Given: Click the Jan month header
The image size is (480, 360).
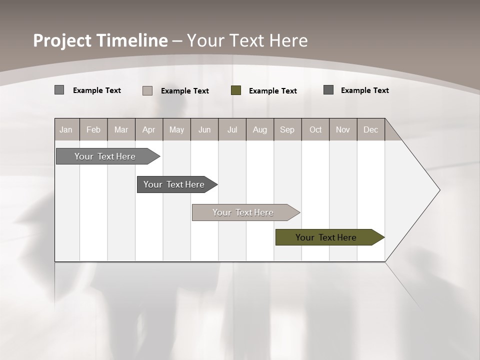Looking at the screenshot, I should [x=66, y=129].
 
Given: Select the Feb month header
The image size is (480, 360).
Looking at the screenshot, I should [x=93, y=129].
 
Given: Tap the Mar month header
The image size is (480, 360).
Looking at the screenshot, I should [x=121, y=129].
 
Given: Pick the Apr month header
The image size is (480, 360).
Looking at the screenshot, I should [x=149, y=129].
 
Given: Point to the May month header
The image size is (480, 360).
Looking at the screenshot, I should [x=176, y=129].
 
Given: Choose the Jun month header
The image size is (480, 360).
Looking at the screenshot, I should [x=204, y=129].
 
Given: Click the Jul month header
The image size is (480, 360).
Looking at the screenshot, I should [x=232, y=129].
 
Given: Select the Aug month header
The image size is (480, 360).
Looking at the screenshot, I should [x=260, y=129].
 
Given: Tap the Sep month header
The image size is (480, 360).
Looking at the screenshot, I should [x=287, y=129].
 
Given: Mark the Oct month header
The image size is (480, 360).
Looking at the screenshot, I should [x=315, y=129].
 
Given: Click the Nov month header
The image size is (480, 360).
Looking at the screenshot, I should [x=343, y=129].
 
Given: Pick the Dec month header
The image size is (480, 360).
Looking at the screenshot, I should [x=371, y=129].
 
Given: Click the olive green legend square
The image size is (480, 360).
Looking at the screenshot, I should [x=236, y=90].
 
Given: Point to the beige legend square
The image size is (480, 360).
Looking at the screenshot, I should [x=147, y=90].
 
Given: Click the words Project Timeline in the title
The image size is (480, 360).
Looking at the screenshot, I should [x=100, y=40].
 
